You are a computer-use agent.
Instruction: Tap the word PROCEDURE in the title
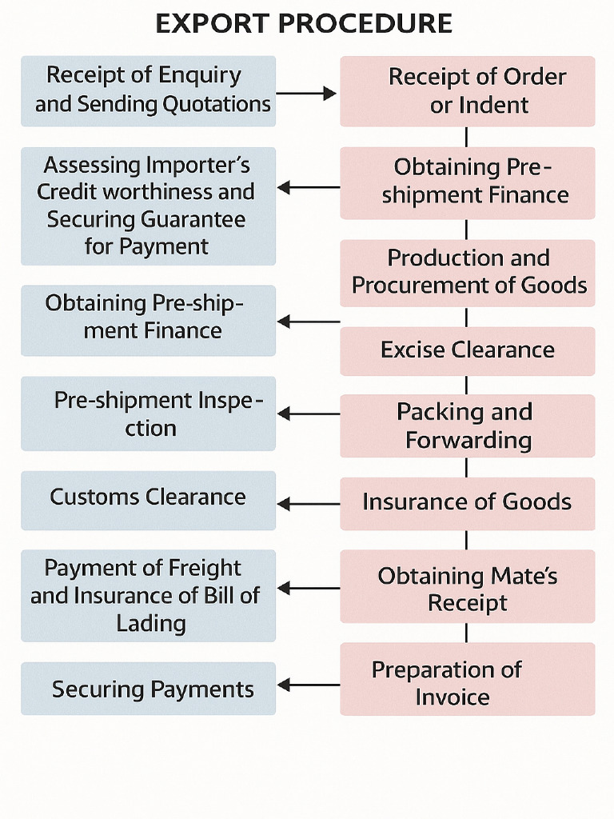click(x=365, y=24)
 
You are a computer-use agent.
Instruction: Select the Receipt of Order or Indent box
click(x=467, y=91)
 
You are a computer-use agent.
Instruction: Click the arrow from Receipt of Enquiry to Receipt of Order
click(x=306, y=94)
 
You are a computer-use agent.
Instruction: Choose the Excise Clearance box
click(x=467, y=351)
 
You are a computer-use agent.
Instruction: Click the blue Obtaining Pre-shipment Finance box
click(x=148, y=321)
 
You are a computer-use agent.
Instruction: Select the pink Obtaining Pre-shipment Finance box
click(x=467, y=183)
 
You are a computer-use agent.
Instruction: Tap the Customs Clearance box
click(x=148, y=501)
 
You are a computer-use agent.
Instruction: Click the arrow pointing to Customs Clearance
click(x=309, y=504)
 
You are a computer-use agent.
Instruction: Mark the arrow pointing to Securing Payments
click(x=309, y=685)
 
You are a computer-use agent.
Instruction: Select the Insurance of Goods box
click(x=467, y=504)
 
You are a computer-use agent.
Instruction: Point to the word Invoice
click(x=453, y=697)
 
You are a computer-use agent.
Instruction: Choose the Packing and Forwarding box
click(x=467, y=425)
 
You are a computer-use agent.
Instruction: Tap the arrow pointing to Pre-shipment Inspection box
click(x=309, y=414)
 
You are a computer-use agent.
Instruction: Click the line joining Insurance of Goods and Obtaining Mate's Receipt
click(x=466, y=540)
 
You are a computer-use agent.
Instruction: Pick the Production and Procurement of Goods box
click(x=467, y=274)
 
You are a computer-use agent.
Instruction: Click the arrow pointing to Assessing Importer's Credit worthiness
click(x=309, y=187)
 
